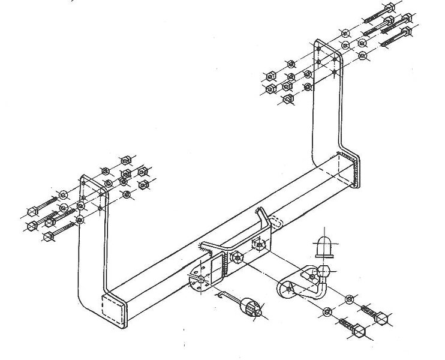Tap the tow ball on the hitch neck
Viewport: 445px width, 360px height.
tap(324, 269)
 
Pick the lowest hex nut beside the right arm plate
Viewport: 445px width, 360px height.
tap(286, 98)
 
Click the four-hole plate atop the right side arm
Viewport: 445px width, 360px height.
tap(327, 61)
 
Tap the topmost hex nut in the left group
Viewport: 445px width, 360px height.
tap(126, 160)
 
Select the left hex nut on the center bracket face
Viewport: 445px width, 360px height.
tap(236, 257)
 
